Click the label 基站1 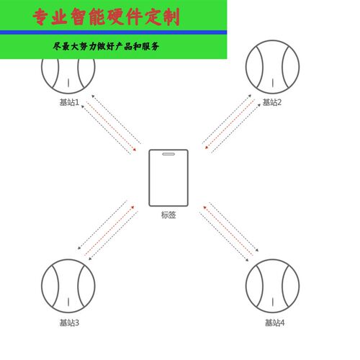tap(69, 102)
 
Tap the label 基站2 tap(272, 102)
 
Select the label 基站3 tap(69, 323)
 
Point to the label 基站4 tap(274, 323)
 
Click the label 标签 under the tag tap(168, 215)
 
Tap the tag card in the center tap(168, 178)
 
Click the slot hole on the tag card tap(168, 154)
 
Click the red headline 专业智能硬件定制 tap(107, 17)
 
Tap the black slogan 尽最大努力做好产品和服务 tap(106, 46)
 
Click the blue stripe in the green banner tap(113, 32)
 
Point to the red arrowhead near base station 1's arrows tap(135, 149)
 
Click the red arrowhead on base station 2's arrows tap(207, 148)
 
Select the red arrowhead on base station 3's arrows tap(132, 207)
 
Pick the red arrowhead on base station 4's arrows tap(204, 207)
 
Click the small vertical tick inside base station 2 tap(273, 83)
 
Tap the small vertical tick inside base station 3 tap(68, 302)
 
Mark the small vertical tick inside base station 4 tap(273, 302)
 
